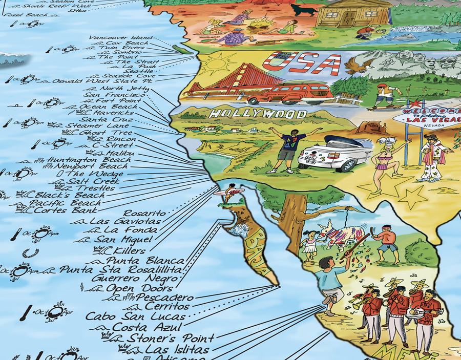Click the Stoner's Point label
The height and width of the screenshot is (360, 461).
point(170,338)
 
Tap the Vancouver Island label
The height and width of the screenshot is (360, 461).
point(120,38)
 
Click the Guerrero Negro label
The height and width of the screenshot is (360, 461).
point(134,279)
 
